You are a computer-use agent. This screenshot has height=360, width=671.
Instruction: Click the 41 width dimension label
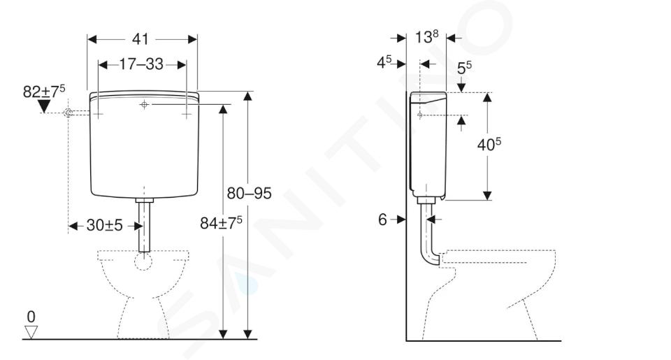[140, 39]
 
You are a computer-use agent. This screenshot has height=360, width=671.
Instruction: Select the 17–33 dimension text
[141, 64]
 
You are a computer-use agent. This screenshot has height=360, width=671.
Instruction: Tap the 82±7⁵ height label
[44, 91]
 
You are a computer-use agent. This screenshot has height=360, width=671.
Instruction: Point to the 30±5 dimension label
[104, 225]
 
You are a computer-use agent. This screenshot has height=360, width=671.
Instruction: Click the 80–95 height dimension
[249, 194]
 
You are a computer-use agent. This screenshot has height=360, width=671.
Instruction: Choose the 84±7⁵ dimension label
[221, 222]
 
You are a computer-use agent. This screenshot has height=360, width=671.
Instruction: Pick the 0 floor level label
[31, 317]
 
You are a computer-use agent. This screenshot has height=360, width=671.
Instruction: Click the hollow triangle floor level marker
[31, 332]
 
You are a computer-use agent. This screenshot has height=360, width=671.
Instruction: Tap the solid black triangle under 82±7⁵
[44, 106]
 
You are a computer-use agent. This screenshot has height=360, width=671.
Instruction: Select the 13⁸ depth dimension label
[426, 37]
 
